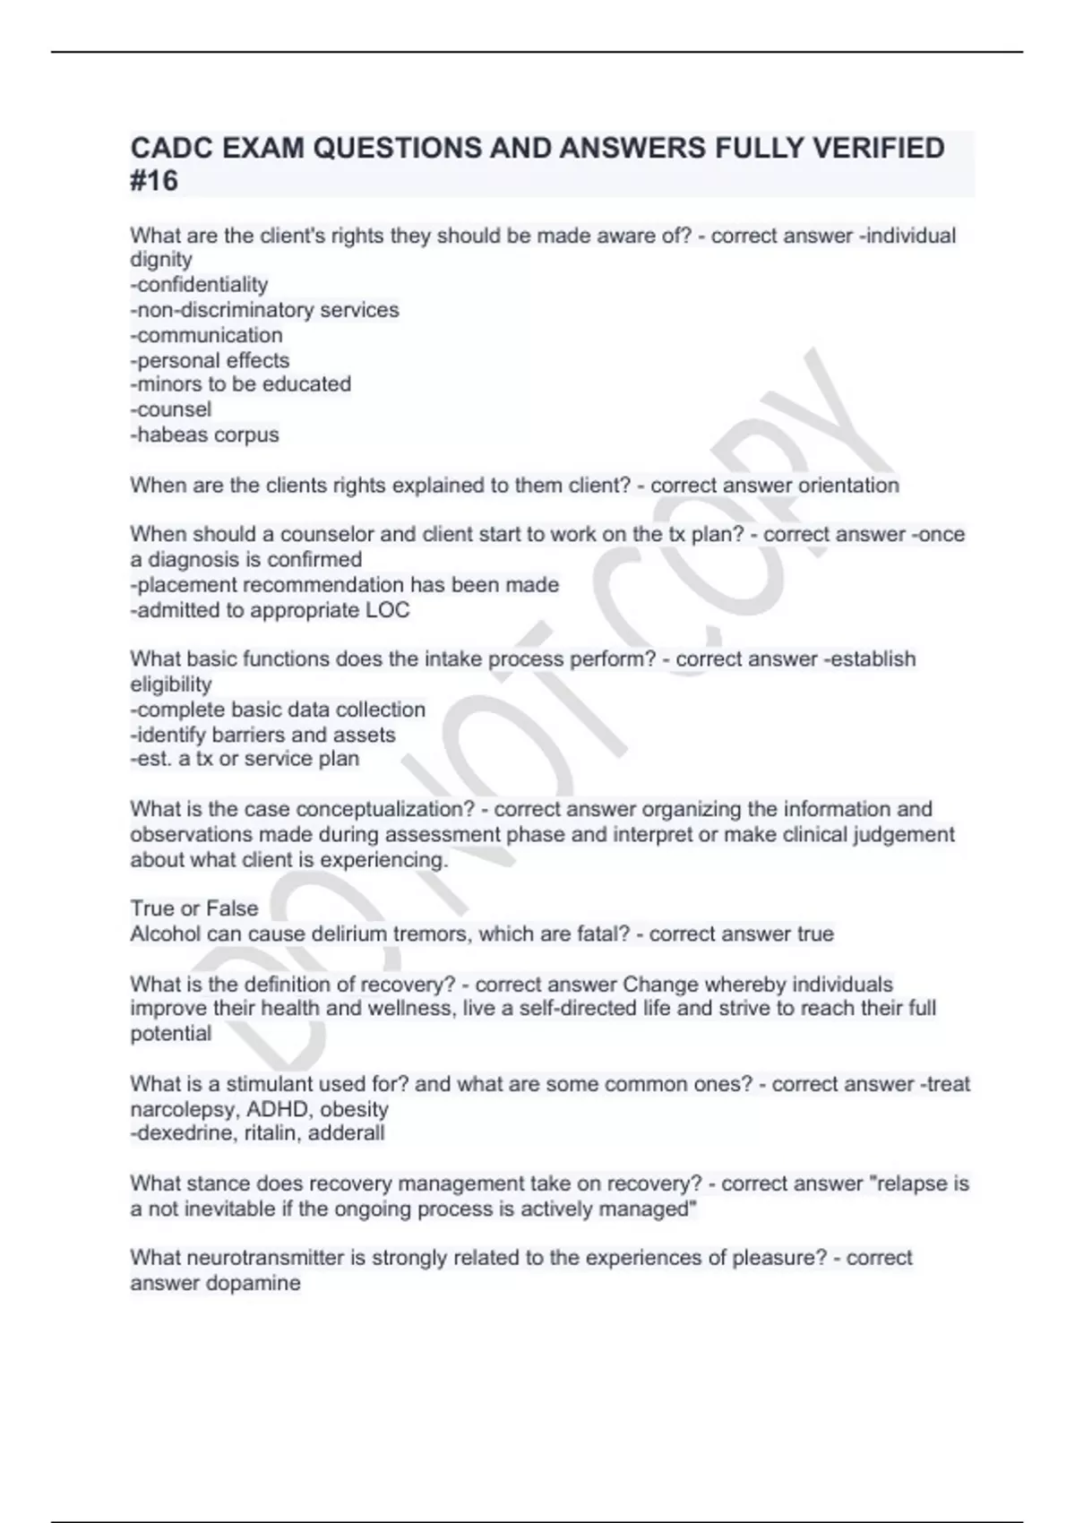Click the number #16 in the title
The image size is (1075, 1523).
coord(154,181)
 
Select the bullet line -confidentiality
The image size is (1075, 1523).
coord(199,285)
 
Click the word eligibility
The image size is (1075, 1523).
coord(171,684)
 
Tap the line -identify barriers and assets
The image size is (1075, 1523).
coord(262,736)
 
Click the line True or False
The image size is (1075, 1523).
coord(194,908)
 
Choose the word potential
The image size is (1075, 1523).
coord(171,1034)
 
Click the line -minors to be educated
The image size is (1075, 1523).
coord(240,384)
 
